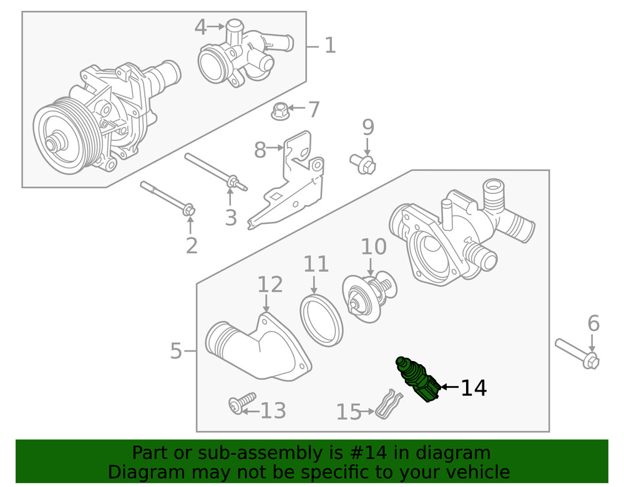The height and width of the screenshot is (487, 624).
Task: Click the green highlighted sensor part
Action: coord(418,380)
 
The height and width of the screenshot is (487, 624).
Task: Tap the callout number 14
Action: coord(474,388)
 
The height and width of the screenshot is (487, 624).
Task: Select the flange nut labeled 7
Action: coord(280,112)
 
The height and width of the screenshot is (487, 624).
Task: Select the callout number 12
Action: coord(270,285)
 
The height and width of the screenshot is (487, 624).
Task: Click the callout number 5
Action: coord(176,352)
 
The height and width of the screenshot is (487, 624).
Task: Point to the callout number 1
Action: coord(329,45)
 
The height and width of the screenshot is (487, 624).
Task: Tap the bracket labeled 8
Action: coord(293,181)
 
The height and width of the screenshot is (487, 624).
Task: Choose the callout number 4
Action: coord(200,27)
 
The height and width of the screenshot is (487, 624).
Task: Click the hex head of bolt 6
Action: coord(592,360)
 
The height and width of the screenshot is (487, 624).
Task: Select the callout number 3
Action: coord(231,218)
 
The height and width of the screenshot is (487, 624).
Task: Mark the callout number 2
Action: coord(191,246)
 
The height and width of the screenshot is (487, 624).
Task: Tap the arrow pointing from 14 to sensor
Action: coord(449,388)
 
